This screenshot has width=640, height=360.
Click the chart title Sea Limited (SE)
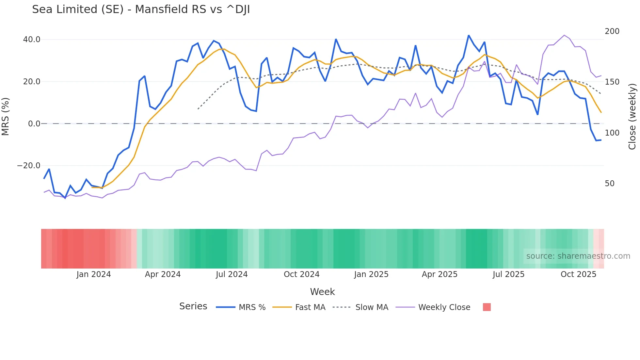click(141, 9)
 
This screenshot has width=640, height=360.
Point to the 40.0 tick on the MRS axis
click(32, 40)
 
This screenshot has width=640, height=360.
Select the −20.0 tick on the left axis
click(29, 166)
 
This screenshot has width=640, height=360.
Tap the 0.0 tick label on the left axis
click(34, 124)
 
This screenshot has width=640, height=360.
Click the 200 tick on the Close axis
click(612, 31)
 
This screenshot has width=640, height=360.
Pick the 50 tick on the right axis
click(609, 184)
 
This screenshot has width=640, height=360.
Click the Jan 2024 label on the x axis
click(94, 274)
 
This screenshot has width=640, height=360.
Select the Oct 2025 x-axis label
click(578, 274)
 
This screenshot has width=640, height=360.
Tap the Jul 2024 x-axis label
click(232, 274)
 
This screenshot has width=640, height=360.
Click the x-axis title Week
click(322, 292)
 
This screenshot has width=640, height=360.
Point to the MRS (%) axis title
click(6, 116)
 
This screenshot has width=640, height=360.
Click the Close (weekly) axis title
click(632, 116)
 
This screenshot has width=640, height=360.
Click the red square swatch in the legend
click(487, 307)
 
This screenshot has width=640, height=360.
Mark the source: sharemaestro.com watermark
click(578, 256)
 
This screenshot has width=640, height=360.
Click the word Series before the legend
click(193, 306)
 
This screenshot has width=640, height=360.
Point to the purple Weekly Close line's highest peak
click(564, 35)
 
